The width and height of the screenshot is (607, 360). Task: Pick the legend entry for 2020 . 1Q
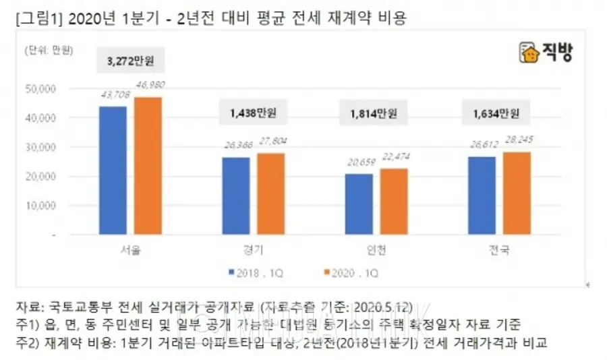[351, 273]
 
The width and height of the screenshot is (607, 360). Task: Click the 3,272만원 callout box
[130, 59]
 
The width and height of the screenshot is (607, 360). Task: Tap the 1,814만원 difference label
[377, 113]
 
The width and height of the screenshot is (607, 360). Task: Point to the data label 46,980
[150, 86]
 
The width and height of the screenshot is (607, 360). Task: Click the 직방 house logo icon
[527, 53]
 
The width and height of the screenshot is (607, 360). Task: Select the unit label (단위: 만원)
[49, 51]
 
